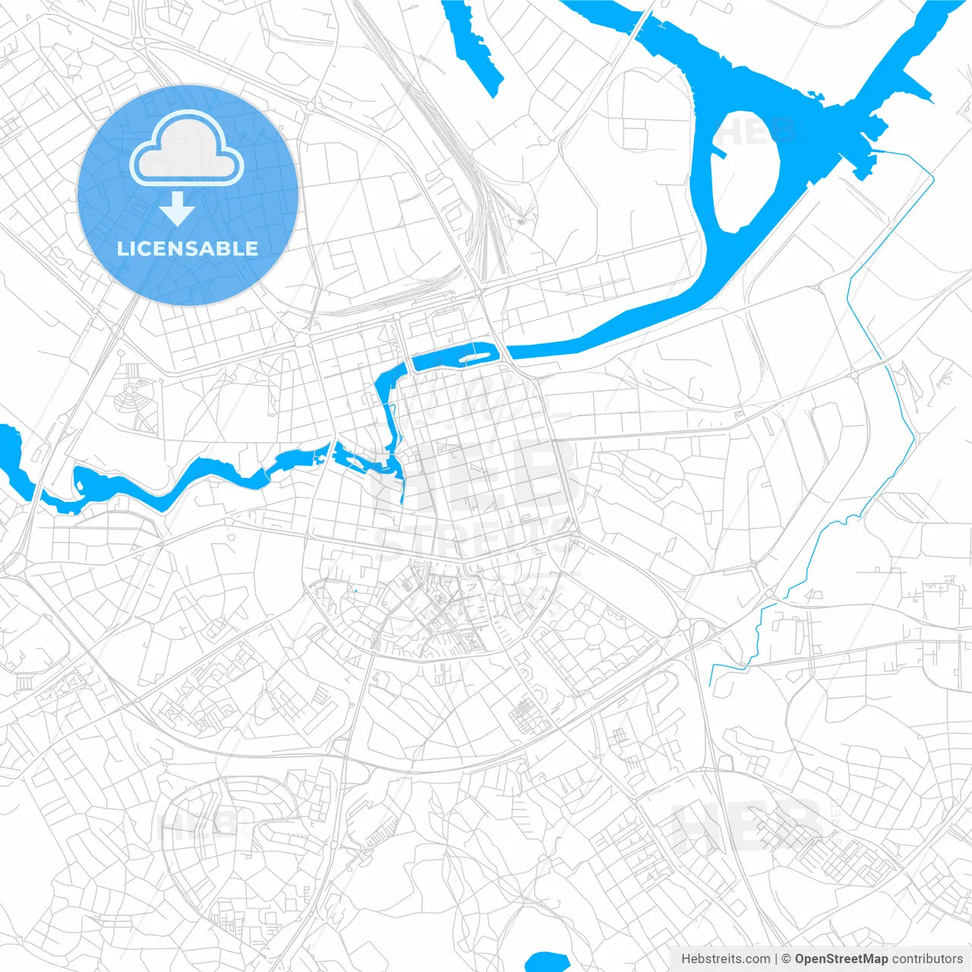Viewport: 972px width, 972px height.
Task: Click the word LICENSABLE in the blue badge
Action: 188,249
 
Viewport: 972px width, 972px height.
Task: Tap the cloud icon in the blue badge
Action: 187,149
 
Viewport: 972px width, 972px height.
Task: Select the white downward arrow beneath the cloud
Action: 178,208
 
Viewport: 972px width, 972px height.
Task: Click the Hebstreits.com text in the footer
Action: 725,958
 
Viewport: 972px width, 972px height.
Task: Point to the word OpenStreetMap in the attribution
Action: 841,958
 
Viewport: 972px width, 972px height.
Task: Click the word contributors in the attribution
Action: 927,958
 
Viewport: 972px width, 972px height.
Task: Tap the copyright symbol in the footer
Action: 787,958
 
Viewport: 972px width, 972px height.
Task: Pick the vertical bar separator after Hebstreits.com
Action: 776,958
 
